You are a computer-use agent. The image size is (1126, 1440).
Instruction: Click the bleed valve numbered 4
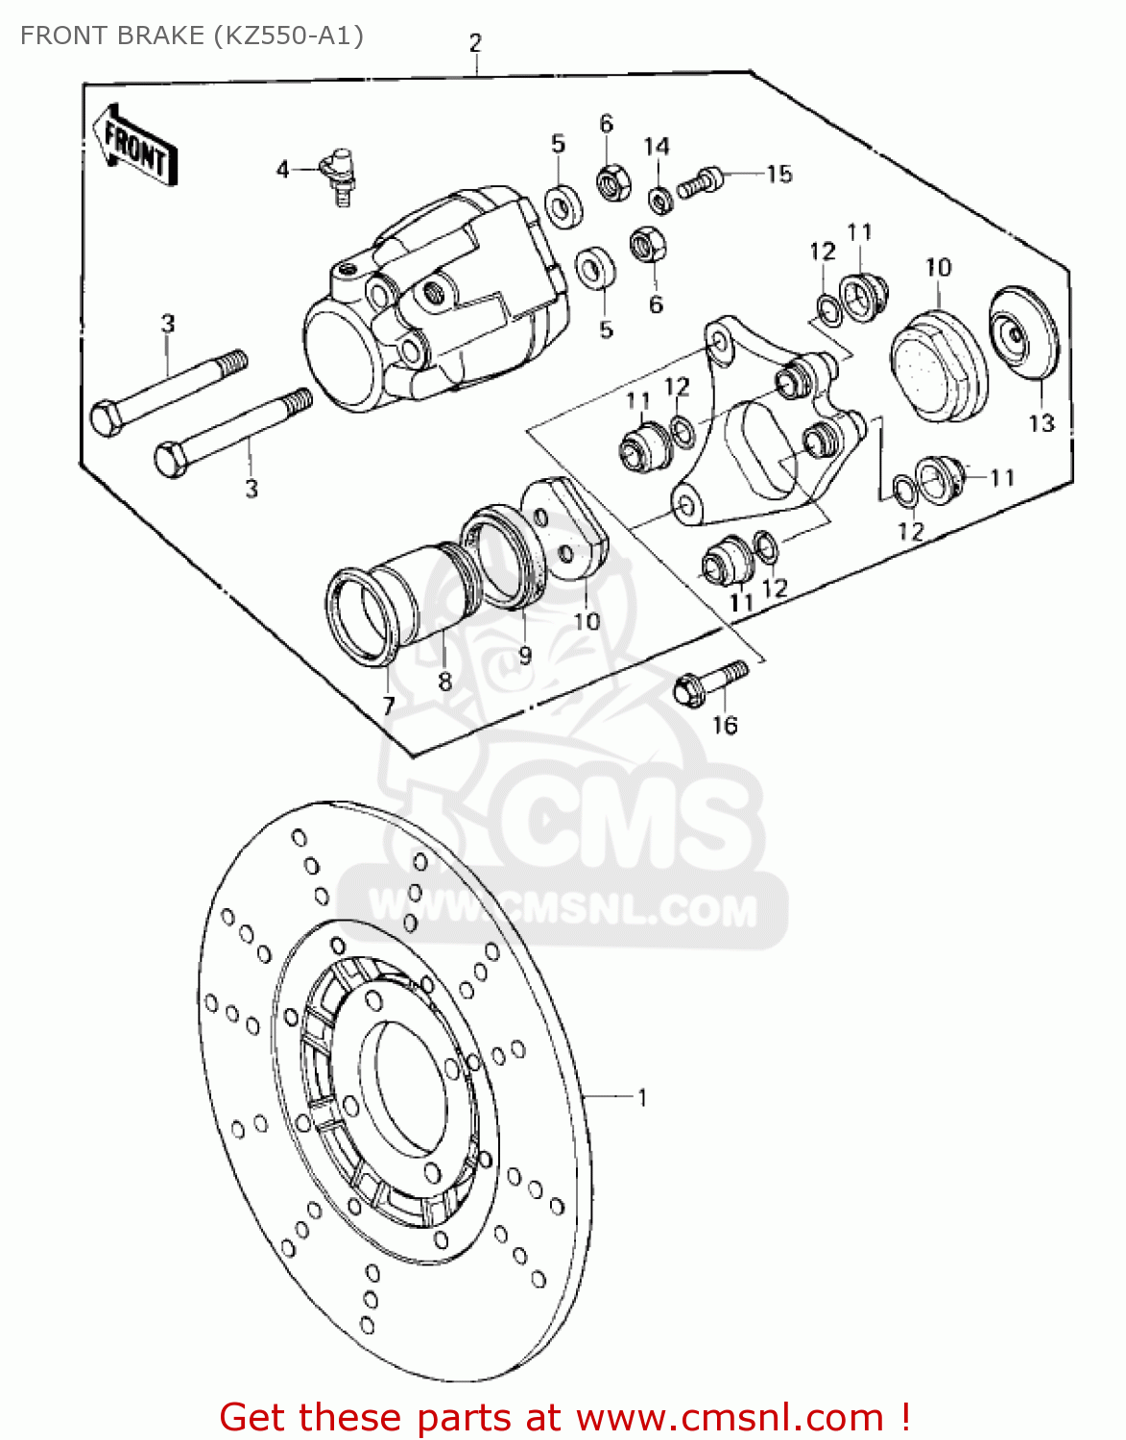tap(339, 173)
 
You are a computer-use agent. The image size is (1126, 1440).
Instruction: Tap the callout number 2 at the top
tap(475, 43)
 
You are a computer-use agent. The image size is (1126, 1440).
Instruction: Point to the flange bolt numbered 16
tap(711, 681)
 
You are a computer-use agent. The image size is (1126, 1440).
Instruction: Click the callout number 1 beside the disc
tap(642, 1096)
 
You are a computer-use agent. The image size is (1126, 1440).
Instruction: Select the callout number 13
tap(1042, 423)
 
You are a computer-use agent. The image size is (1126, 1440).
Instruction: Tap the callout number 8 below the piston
tap(444, 681)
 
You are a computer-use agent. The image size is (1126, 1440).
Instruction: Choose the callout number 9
tap(524, 656)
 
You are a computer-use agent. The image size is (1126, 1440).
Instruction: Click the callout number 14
tap(657, 147)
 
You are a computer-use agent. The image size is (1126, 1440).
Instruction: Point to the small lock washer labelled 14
tap(659, 200)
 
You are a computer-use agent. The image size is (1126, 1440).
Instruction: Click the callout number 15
tap(779, 174)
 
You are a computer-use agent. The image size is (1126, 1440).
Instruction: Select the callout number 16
tap(725, 726)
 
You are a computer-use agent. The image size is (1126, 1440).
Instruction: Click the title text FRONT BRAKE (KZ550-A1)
tap(192, 36)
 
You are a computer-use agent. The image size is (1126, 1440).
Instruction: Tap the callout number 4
tap(282, 170)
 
